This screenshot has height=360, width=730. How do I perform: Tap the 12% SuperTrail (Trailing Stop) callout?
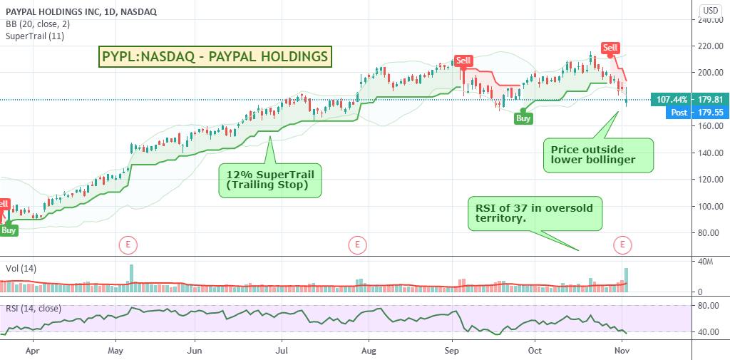[x=270, y=180]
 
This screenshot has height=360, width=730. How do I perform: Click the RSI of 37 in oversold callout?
[x=535, y=213]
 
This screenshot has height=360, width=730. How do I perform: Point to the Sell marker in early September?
[x=464, y=61]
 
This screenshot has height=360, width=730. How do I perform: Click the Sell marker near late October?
[x=610, y=48]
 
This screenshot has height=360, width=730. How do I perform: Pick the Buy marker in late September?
[x=523, y=118]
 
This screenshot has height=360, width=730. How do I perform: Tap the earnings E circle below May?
[x=128, y=245]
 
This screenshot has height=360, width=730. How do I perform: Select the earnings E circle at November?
[x=622, y=245]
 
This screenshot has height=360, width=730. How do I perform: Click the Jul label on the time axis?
[x=282, y=351]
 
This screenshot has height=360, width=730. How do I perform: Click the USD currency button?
[x=711, y=9]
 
